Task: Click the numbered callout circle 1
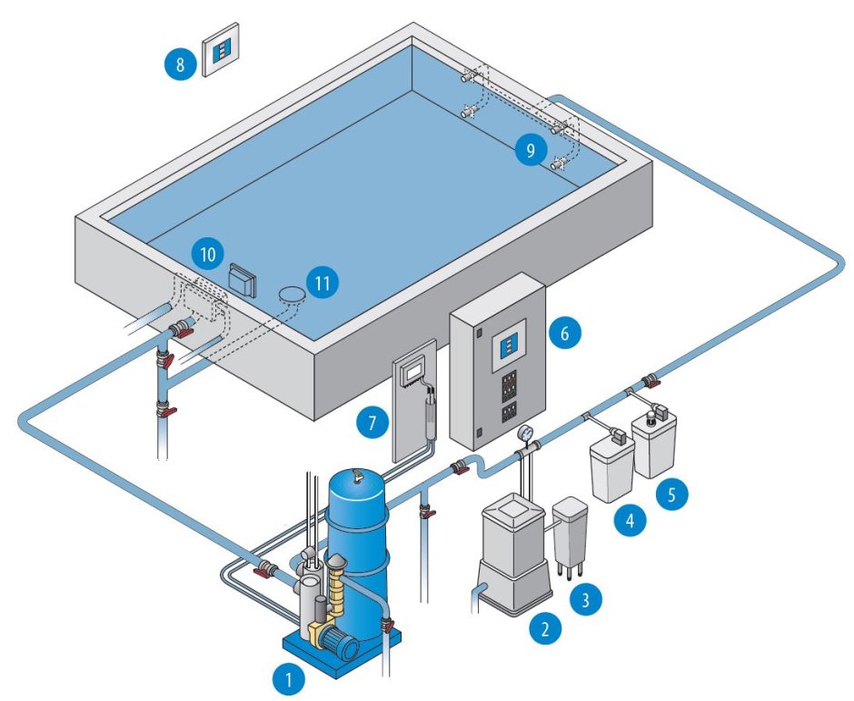coord(288,676)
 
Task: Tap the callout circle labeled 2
coord(544,627)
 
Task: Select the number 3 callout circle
coord(586,599)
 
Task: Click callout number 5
coord(672,496)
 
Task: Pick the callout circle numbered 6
coord(564,333)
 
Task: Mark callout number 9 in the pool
coord(530,149)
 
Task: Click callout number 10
coord(208,255)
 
